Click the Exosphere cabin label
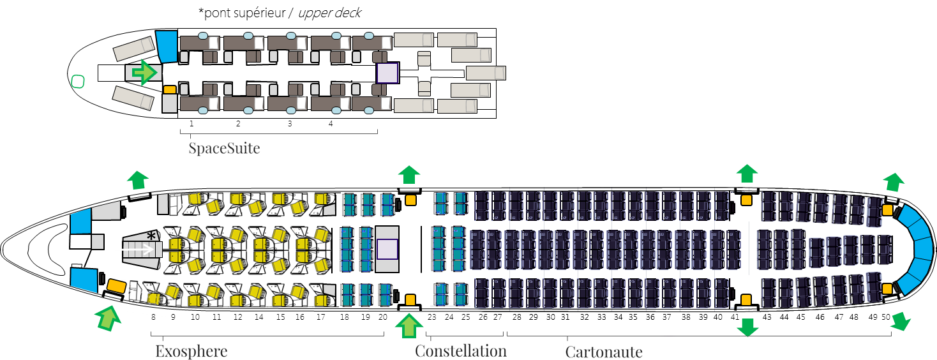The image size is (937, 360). click(191, 351)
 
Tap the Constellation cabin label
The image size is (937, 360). click(460, 351)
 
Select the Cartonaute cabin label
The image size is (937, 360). click(604, 352)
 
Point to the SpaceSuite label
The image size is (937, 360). click(224, 149)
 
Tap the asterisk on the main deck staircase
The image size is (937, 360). click(152, 237)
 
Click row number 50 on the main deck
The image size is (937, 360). click(886, 317)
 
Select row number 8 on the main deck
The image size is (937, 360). click(153, 317)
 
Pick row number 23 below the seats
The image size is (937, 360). click(432, 317)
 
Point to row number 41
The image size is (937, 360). click(735, 317)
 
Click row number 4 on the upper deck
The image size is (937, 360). click(331, 123)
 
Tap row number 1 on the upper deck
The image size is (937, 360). click(191, 123)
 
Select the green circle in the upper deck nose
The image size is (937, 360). click(77, 81)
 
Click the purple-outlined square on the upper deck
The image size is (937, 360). click(387, 73)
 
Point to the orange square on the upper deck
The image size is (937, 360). click(169, 90)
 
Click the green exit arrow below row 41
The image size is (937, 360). click(747, 327)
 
